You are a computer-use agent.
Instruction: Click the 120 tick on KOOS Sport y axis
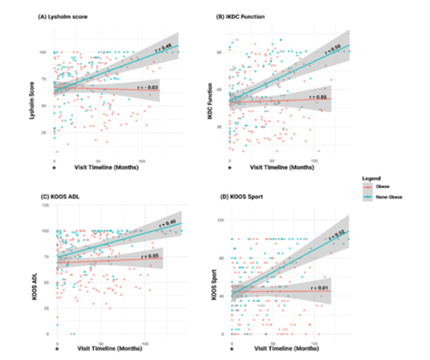(222, 220)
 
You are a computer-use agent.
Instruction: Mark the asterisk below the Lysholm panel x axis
(54, 168)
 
